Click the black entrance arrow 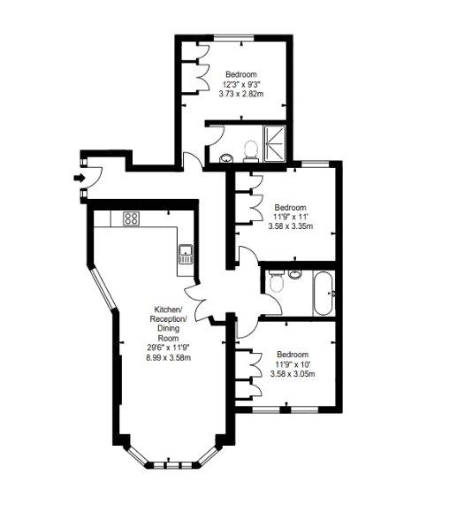point(80,178)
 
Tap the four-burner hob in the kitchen point(131,218)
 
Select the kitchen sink point(186,254)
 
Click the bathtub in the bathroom point(323,294)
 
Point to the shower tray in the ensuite point(274,143)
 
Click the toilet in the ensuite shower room point(250,151)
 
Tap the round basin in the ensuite point(226,158)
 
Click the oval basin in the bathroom point(294,274)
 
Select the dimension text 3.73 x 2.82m point(241,94)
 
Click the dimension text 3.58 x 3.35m point(291,226)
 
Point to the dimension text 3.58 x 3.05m point(293,374)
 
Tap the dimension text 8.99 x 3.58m point(168,357)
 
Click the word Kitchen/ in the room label point(168,310)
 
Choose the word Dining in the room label point(168,329)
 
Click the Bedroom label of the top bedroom point(241,74)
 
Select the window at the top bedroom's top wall point(233,38)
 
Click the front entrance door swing point(94,178)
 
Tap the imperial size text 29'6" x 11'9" point(168,348)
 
